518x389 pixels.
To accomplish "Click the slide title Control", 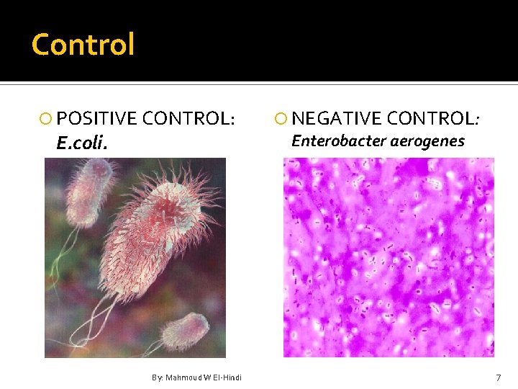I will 83,45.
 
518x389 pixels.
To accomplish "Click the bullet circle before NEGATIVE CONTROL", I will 283,118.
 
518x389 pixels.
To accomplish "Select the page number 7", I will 498,378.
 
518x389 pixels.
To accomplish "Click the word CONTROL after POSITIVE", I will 188,117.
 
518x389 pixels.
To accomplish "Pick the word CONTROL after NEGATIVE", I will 431,117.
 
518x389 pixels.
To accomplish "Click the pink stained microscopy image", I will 388,257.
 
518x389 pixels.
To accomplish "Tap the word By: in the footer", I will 158,377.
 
